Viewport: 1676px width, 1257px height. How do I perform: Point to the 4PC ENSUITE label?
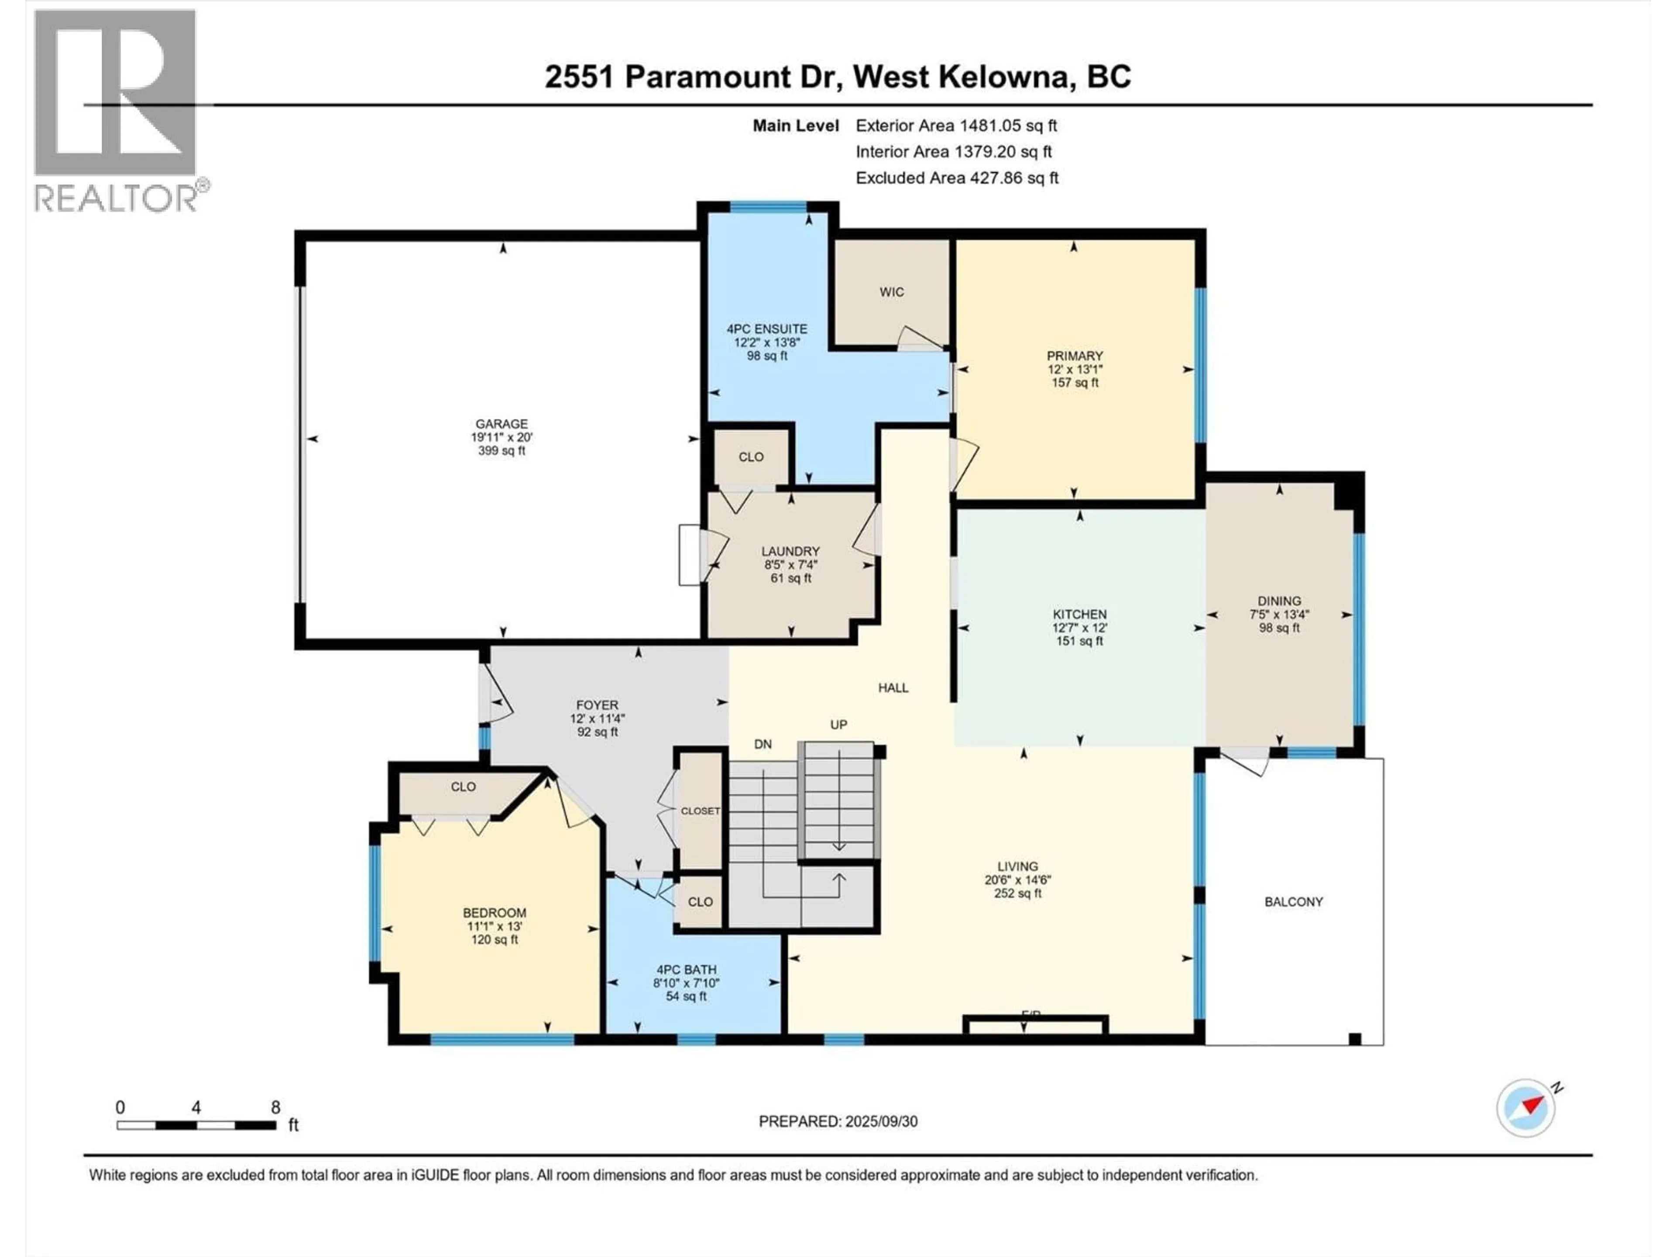(x=767, y=329)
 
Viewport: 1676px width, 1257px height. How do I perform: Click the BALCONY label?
(x=1293, y=902)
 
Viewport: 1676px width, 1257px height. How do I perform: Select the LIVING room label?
(x=1017, y=866)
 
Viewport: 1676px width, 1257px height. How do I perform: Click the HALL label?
(x=893, y=688)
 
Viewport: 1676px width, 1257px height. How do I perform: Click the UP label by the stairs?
(x=838, y=725)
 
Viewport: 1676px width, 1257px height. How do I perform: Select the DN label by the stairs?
(x=763, y=745)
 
